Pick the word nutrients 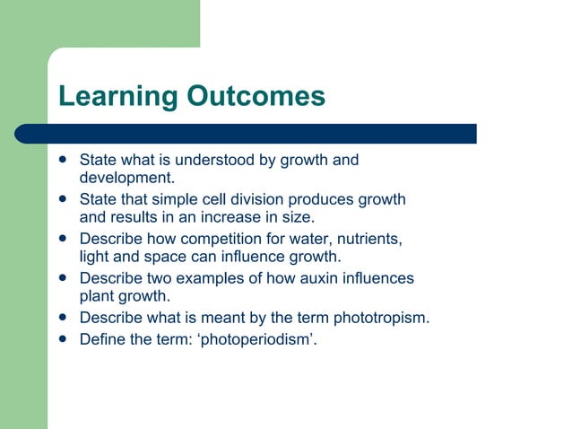362,239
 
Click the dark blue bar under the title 260,134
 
